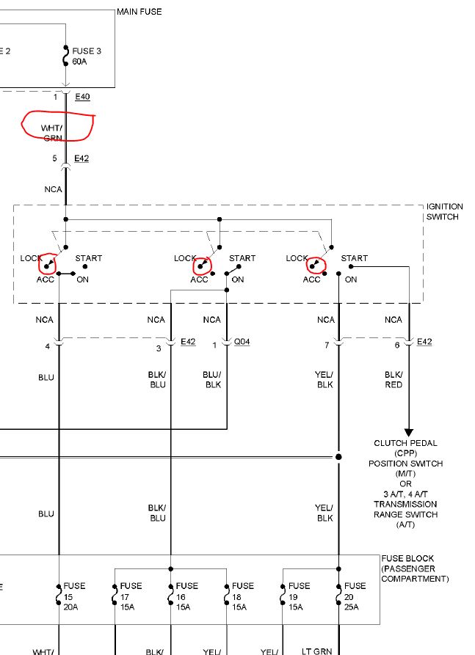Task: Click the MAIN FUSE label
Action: [x=139, y=12]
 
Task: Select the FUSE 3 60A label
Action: [x=82, y=56]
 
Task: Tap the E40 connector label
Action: [x=82, y=96]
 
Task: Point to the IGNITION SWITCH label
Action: [x=442, y=212]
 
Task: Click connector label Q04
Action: [x=242, y=343]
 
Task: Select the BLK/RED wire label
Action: [x=394, y=379]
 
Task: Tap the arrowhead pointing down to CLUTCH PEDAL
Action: [x=409, y=433]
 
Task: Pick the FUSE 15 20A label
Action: [x=74, y=591]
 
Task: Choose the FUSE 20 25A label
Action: [x=355, y=591]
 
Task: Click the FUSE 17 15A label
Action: [x=131, y=591]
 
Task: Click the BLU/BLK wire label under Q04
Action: [x=212, y=379]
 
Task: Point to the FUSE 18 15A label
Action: [x=243, y=591]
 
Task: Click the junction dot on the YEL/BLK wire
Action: [x=338, y=457]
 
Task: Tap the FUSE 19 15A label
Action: [x=299, y=591]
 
